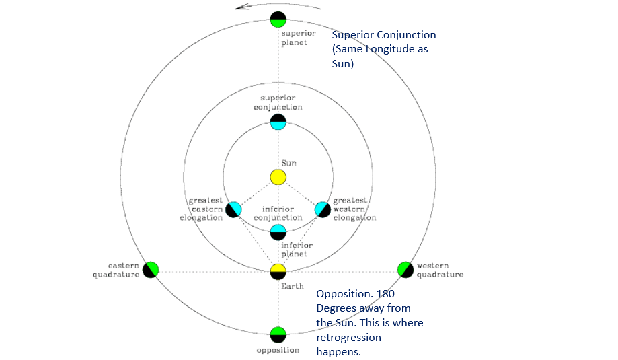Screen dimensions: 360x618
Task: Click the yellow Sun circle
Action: click(x=278, y=177)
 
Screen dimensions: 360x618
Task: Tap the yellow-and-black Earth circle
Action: click(x=278, y=271)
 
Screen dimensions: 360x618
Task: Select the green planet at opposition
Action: click(x=278, y=334)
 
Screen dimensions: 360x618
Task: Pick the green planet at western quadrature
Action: click(x=405, y=270)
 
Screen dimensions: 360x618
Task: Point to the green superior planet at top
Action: click(x=278, y=19)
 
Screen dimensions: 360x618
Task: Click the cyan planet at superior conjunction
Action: click(x=278, y=122)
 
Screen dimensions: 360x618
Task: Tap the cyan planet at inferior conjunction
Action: click(x=278, y=232)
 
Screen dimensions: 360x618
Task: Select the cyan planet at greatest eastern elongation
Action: click(x=233, y=209)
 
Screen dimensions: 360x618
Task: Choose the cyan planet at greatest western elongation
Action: click(x=323, y=209)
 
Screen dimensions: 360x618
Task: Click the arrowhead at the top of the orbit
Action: click(x=240, y=7)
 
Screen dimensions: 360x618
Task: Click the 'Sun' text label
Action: click(x=288, y=164)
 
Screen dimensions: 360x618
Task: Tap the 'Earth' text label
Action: click(x=287, y=287)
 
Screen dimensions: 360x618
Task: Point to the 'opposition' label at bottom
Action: click(x=278, y=351)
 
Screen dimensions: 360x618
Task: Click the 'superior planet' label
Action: click(x=294, y=38)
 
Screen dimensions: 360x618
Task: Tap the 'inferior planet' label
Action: click(x=294, y=250)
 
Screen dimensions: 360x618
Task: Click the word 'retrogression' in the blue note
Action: click(x=348, y=337)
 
